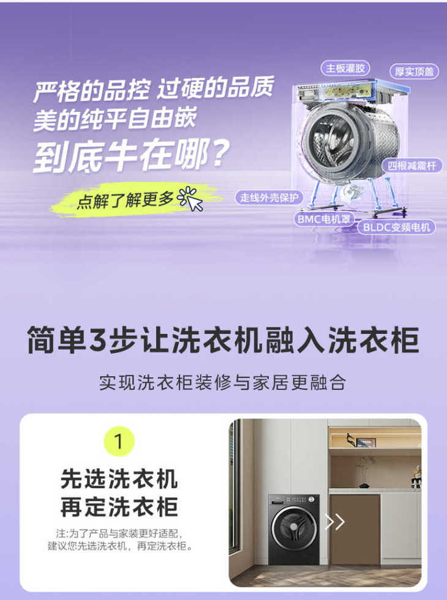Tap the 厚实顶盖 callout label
click(414, 72)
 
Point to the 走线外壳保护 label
click(269, 198)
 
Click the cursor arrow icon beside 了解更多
click(190, 199)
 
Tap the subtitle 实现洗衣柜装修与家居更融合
click(223, 383)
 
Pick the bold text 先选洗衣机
click(119, 479)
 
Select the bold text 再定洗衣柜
click(119, 507)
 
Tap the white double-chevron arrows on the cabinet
click(335, 522)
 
